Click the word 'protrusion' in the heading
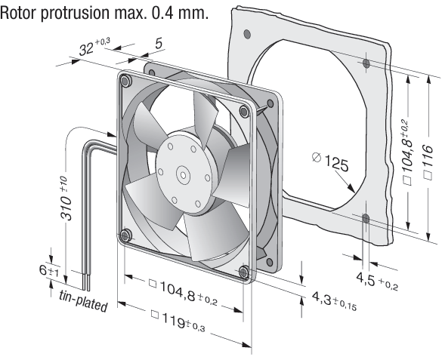tap(77, 13)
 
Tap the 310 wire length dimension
tap(66, 198)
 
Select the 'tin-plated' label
tap(83, 300)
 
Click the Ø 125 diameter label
tap(330, 162)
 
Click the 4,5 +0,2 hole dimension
tap(377, 280)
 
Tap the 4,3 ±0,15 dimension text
tap(334, 300)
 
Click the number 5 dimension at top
tap(159, 44)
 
